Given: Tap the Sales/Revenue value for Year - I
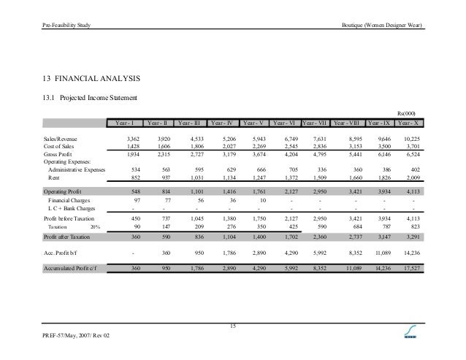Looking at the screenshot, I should pos(133,137).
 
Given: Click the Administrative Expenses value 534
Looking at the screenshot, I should pos(134,168).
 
